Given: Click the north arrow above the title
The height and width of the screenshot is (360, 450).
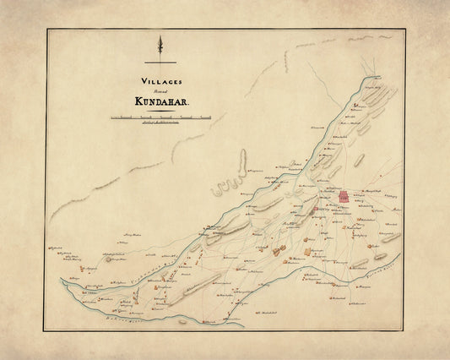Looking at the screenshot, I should point(160,46).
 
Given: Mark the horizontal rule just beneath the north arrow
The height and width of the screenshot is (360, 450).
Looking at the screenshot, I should point(160,63).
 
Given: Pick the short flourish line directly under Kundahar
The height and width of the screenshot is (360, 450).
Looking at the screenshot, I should point(160,107).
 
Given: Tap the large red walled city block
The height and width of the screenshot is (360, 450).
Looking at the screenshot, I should point(344,197).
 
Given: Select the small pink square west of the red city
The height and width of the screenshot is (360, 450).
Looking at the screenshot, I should point(316,209).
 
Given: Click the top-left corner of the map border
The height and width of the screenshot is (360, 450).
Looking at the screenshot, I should point(47,30).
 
